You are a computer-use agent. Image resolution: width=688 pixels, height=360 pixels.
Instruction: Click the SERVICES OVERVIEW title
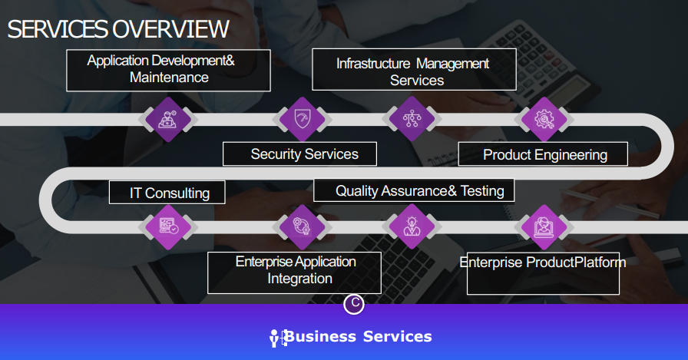[118, 29]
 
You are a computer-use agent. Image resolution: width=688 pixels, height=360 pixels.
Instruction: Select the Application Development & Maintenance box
[168, 70]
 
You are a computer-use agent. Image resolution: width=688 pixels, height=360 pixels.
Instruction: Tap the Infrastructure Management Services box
[414, 70]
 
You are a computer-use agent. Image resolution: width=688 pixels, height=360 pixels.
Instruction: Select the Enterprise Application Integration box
[294, 272]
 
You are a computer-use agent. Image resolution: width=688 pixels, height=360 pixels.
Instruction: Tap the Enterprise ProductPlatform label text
[543, 263]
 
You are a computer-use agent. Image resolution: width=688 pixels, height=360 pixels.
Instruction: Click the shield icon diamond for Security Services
[303, 119]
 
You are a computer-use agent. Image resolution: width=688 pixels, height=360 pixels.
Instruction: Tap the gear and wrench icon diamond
[544, 119]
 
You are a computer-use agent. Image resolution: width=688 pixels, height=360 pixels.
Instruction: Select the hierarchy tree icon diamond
[412, 119]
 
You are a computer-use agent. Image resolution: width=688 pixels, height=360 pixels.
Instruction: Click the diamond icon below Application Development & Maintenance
[168, 119]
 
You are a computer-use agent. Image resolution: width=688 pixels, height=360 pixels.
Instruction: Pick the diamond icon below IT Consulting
[168, 226]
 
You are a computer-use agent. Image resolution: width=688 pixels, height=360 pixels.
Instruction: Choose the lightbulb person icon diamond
[412, 226]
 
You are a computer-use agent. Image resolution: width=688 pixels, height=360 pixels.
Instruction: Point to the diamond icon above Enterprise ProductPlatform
[544, 227]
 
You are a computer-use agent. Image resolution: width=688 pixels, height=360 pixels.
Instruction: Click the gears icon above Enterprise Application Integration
[303, 226]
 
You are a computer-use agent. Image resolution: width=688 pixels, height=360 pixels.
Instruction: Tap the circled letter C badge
[354, 303]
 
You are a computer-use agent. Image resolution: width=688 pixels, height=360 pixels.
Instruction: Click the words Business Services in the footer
[358, 337]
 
